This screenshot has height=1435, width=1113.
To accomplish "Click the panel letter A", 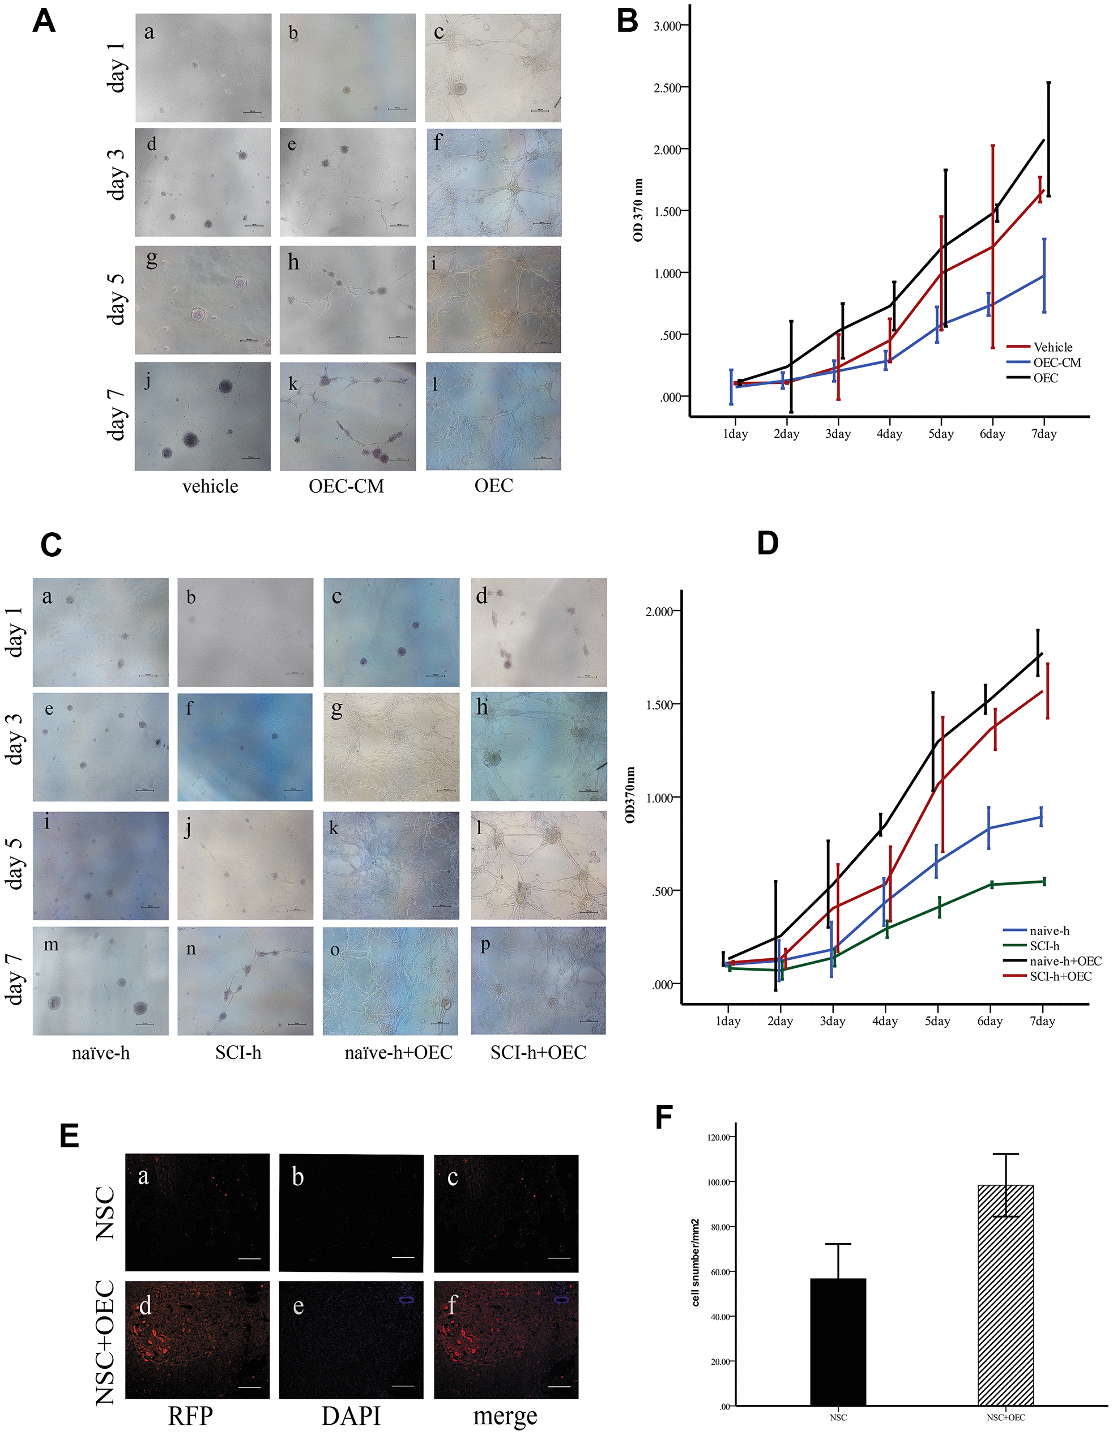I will coord(44,21).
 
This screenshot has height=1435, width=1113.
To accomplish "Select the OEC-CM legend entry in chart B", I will coord(1056,362).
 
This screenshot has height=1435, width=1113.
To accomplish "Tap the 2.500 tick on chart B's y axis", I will coord(668,88).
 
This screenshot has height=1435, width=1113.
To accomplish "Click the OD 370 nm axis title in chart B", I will coord(638,210).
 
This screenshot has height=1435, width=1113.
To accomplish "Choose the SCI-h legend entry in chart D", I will coord(1044,946).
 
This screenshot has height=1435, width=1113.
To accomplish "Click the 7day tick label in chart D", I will coord(1042,1021).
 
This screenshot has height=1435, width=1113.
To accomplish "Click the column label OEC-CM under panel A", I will coord(346,486).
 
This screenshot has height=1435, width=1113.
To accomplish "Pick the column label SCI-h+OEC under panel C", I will coord(538,1053).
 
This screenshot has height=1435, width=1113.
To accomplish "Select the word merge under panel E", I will coord(505,1415).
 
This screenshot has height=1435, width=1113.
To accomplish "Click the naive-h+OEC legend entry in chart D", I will coord(1065,960).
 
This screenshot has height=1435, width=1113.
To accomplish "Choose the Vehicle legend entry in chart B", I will coord(1052,347).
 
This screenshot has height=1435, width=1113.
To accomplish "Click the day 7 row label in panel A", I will coord(115,415).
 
